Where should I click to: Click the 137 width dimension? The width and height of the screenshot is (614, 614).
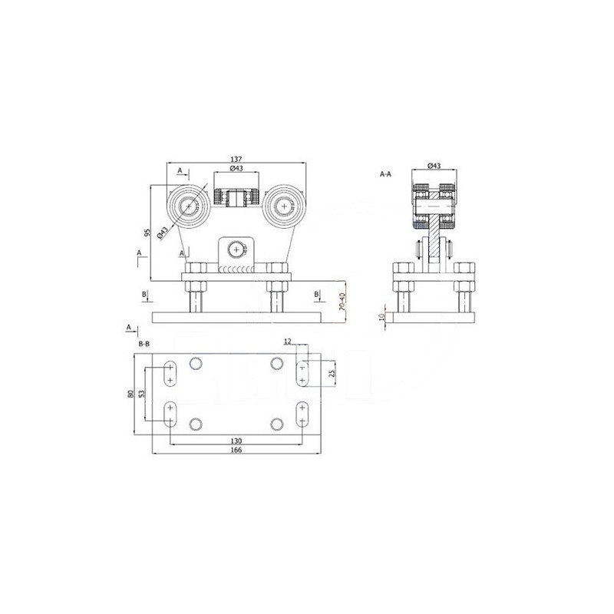tap(236, 159)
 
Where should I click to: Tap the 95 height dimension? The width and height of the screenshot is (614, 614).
tap(147, 233)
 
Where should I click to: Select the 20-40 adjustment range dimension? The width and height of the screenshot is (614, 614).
tap(342, 302)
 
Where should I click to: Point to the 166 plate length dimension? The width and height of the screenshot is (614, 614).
tap(236, 450)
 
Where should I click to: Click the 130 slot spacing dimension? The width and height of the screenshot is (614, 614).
tap(236, 441)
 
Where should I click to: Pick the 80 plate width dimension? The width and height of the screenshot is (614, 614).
tap(130, 394)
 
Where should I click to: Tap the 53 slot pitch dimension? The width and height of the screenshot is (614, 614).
tap(142, 394)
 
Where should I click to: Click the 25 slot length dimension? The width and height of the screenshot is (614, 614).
tap(332, 373)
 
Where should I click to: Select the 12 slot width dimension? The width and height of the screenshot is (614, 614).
tap(288, 342)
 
